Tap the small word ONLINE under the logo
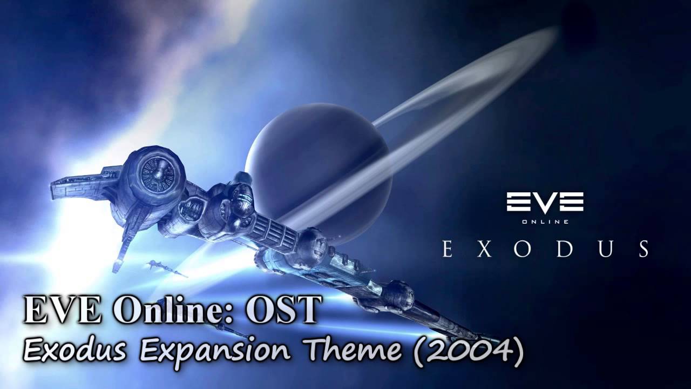545,220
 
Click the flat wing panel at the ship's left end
81,184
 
